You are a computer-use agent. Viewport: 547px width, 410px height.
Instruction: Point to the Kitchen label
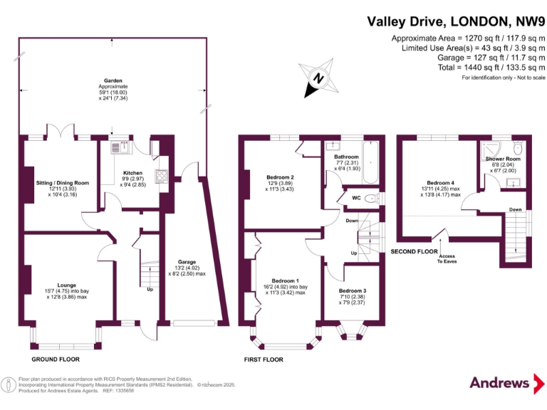(x=132, y=173)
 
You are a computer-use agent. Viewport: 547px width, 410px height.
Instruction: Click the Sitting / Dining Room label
(x=63, y=183)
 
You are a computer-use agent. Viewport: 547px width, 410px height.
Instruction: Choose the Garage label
(x=187, y=262)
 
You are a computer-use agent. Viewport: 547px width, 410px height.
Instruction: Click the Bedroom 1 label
(x=283, y=281)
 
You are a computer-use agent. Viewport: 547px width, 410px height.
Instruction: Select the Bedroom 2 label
(x=280, y=177)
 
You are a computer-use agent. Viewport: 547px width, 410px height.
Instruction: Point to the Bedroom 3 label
(x=353, y=291)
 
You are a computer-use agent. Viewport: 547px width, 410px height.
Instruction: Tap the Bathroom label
(x=346, y=157)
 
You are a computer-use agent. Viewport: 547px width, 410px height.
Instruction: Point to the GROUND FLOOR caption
(x=54, y=348)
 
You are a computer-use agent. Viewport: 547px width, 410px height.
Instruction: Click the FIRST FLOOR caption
(x=264, y=359)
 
